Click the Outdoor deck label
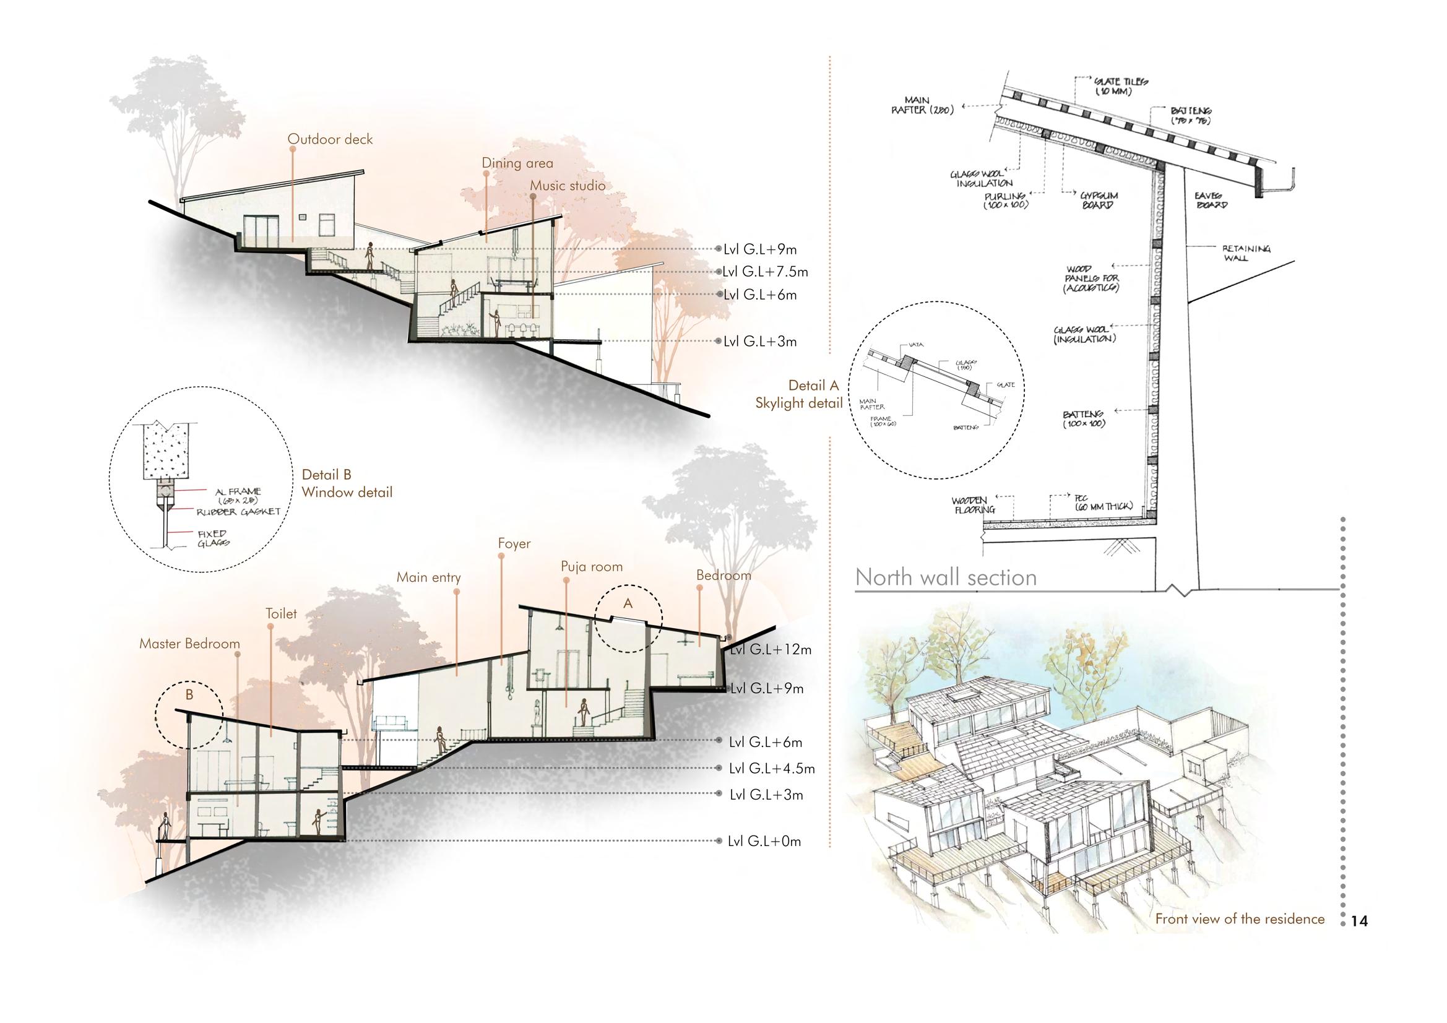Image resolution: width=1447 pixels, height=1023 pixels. [330, 139]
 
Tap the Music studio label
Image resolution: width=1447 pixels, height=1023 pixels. [567, 185]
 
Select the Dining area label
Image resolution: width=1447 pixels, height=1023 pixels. [517, 163]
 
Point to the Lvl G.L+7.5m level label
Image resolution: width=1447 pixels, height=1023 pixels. [766, 272]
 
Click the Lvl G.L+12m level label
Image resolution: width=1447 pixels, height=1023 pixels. [770, 649]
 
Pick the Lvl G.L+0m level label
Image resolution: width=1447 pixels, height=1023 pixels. [764, 841]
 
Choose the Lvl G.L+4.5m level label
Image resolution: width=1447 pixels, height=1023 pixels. [772, 769]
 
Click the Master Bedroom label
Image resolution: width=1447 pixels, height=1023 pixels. [190, 644]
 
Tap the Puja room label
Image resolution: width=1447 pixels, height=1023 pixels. [591, 567]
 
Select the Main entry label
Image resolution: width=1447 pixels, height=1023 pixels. [428, 577]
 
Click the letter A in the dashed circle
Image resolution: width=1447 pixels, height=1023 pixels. [628, 604]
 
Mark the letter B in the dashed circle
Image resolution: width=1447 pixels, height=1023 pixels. [189, 694]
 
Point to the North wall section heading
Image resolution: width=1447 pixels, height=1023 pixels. [945, 577]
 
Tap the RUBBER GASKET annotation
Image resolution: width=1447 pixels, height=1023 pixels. [238, 512]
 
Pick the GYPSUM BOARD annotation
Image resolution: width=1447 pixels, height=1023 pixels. [1099, 201]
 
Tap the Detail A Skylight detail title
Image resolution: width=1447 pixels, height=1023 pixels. [799, 395]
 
